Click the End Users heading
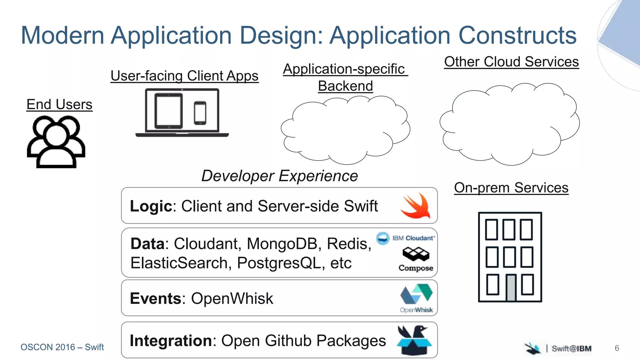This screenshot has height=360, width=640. coord(59,104)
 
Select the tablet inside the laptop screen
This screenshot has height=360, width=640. coord(168,111)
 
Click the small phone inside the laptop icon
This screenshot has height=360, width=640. coord(200,113)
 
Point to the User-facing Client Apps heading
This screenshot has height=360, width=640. coord(184,76)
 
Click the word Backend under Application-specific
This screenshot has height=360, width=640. coord(345,86)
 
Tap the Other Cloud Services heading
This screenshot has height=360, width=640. coord(511,62)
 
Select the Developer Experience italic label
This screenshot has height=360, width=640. coord(279,176)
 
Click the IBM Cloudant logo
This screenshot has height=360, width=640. coord(405,238)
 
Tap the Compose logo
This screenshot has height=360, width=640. coord(416,259)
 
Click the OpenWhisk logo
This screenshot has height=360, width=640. coord(416,298)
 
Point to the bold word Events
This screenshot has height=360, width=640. coord(155,298)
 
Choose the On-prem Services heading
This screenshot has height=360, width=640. coord(511,188)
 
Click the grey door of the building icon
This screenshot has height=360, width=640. coord(511,287)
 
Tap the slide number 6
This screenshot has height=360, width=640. coord(617,348)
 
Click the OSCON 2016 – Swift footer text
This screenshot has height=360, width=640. coord(62,347)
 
